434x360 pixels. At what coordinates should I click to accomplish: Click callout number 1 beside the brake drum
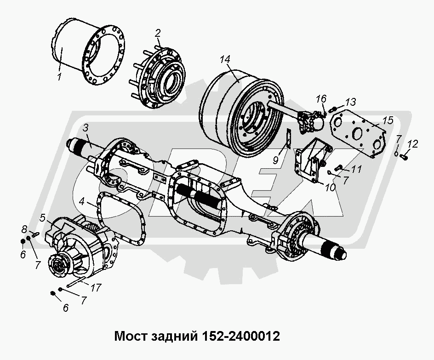click(x=59, y=77)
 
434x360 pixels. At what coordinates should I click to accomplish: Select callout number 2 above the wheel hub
click(x=158, y=33)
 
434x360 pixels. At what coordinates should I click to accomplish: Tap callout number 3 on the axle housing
click(x=86, y=127)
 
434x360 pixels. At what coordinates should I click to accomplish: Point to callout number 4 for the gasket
click(x=81, y=201)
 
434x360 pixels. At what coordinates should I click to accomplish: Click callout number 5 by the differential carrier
click(x=42, y=217)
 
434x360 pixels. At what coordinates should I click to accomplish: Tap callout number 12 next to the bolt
click(x=412, y=144)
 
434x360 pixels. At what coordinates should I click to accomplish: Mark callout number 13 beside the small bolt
click(x=351, y=101)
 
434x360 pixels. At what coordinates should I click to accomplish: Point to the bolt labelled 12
click(x=405, y=157)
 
